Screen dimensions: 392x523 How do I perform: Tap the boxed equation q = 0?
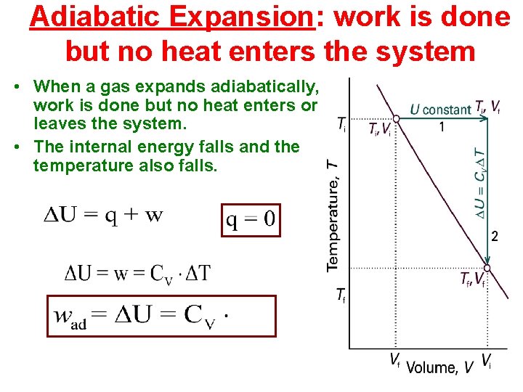(251, 219)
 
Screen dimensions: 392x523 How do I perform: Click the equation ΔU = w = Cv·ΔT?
(137, 273)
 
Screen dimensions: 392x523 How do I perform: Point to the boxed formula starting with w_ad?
(161, 316)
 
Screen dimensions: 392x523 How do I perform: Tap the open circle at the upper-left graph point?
(397, 119)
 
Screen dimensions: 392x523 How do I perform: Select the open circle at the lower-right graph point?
(485, 268)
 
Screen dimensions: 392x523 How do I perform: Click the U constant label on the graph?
(440, 110)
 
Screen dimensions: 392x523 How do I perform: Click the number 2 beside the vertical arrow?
(495, 236)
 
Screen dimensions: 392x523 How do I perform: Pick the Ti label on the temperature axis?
(341, 124)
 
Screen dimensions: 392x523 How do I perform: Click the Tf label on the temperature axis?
(340, 295)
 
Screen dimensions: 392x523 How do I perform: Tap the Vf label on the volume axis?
(394, 361)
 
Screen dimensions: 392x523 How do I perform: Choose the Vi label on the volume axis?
(486, 361)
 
